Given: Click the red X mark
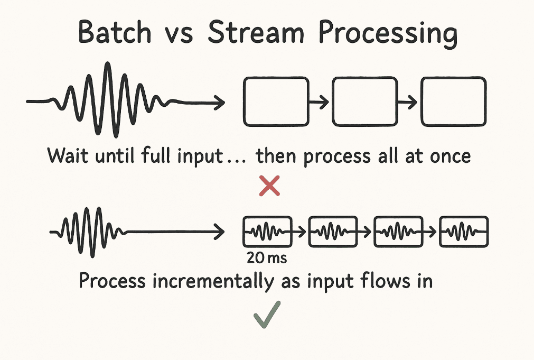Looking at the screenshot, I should [x=269, y=187].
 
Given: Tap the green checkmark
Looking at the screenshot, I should [x=267, y=317].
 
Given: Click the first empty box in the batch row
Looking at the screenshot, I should [x=275, y=101].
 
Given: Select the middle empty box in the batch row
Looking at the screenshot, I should [x=364, y=101].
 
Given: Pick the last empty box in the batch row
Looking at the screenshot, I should [x=453, y=101].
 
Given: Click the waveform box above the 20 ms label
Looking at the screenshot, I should [x=267, y=232].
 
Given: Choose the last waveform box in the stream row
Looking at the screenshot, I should [x=464, y=232].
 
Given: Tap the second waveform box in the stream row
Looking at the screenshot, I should [x=332, y=232].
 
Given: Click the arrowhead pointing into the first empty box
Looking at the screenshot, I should [x=220, y=102].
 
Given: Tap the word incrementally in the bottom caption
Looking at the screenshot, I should [x=204, y=281].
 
